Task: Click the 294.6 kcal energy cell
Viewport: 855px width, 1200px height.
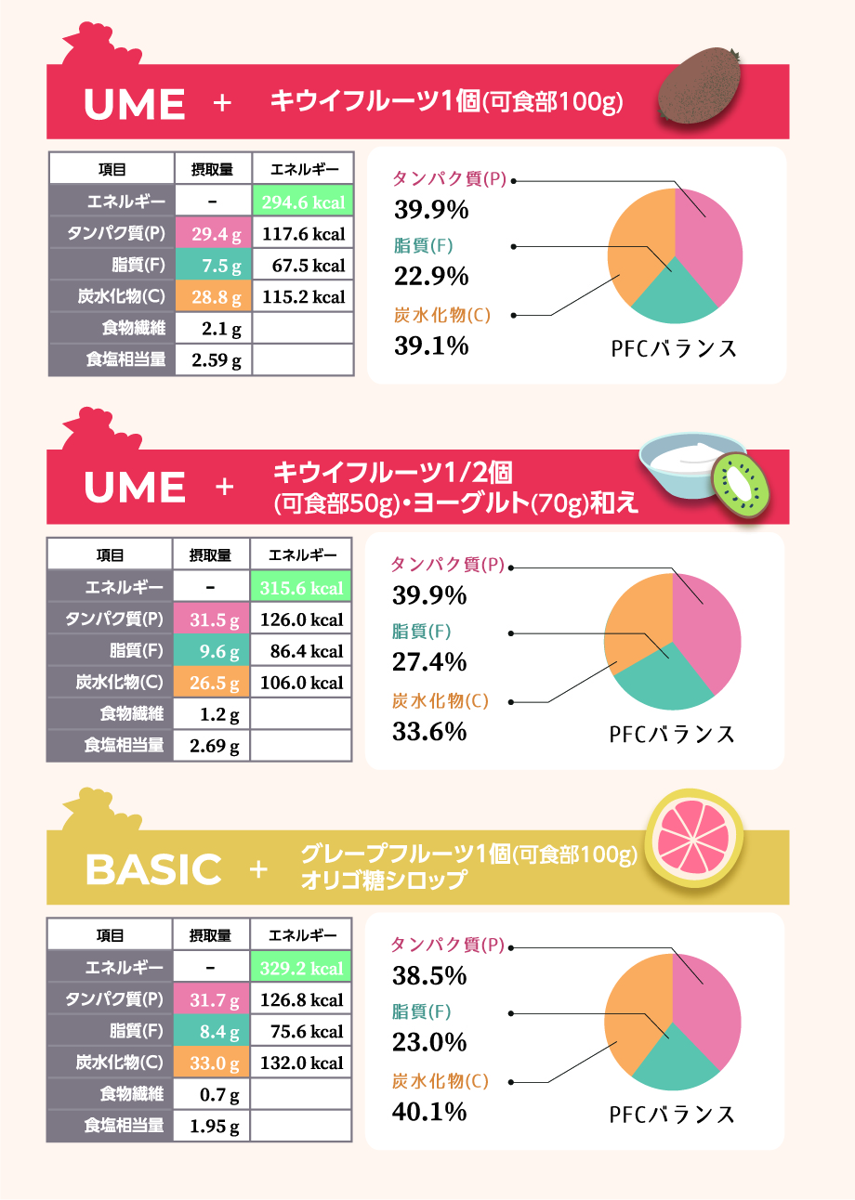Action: (303, 202)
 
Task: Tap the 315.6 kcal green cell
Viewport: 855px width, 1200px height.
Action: (301, 587)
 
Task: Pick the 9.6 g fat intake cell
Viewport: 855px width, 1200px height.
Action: (214, 650)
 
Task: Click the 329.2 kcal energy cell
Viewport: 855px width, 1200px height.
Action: (301, 968)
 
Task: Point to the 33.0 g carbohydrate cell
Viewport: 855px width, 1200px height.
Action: (214, 1063)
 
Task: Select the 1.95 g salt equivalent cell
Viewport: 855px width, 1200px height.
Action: (214, 1126)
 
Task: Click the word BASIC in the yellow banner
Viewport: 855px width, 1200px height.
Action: (153, 868)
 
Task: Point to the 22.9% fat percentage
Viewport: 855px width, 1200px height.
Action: (430, 277)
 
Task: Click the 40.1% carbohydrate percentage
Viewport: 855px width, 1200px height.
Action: (429, 1111)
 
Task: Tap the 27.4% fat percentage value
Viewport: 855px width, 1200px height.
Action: (429, 662)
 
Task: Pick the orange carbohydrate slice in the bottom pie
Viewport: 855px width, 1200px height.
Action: (637, 1008)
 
